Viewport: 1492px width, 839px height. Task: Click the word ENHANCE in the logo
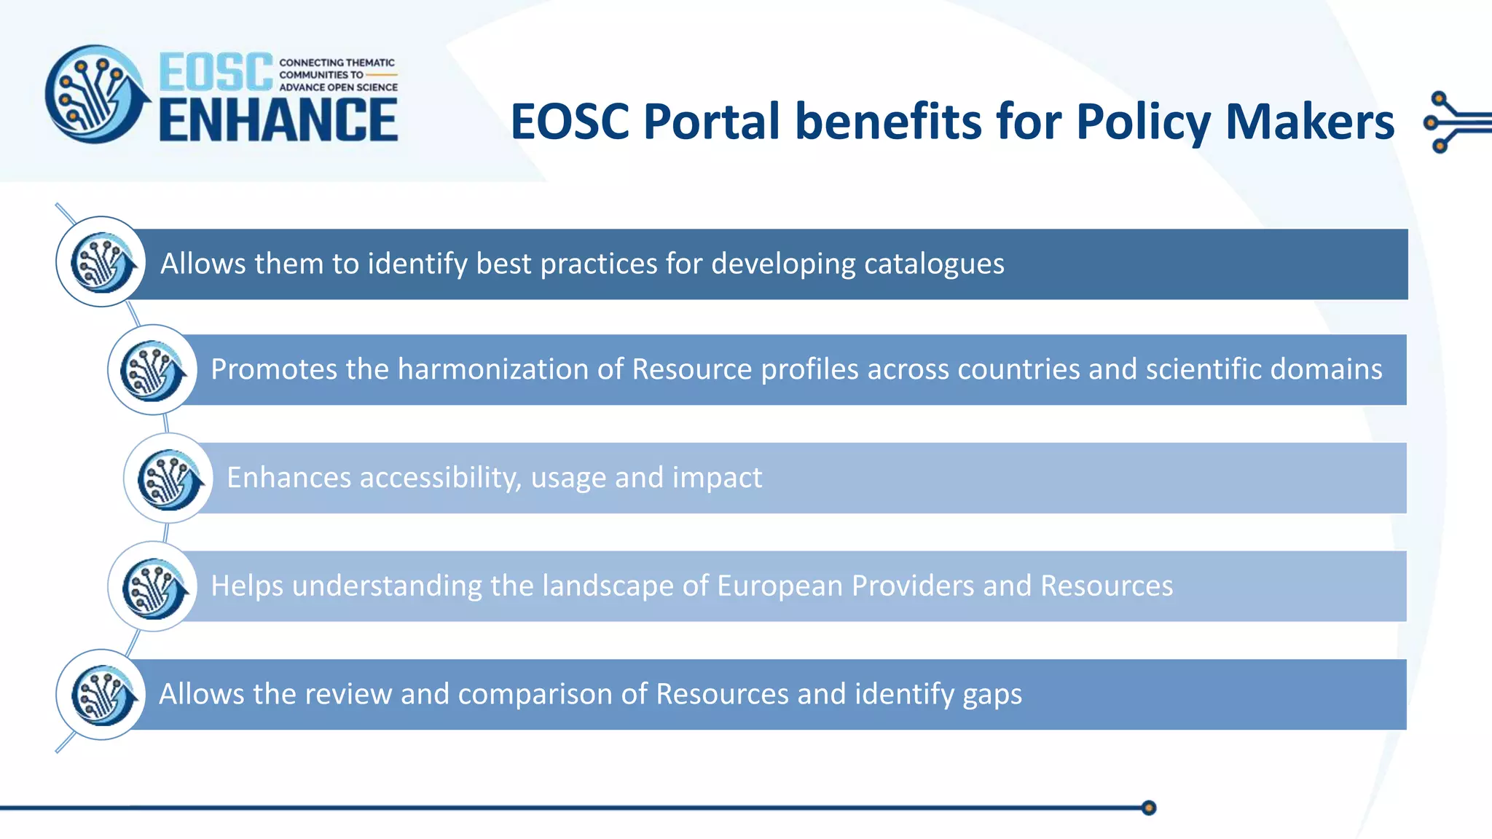coord(278,120)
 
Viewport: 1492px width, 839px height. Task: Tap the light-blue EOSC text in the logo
coord(216,72)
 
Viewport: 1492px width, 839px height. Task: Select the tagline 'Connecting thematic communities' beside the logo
coord(338,74)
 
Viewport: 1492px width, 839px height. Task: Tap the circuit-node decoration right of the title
coord(1453,122)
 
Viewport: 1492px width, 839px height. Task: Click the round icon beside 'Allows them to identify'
coord(101,261)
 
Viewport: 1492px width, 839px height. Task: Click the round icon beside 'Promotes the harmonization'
coord(152,370)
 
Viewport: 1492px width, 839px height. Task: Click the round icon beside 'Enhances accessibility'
coord(168,478)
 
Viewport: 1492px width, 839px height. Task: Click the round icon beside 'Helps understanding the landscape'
coord(152,586)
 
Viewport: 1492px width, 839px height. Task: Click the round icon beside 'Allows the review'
coord(101,695)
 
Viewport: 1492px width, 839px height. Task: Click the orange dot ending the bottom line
coord(1149,808)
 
